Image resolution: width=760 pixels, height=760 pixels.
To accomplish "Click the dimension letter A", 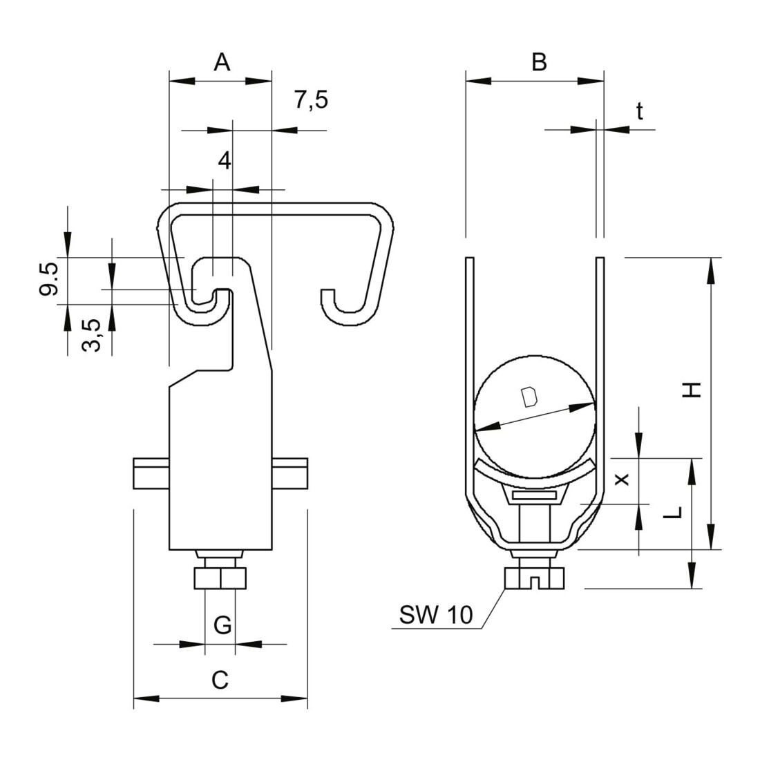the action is coord(222,62).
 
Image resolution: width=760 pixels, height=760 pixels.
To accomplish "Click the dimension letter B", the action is coord(539,62).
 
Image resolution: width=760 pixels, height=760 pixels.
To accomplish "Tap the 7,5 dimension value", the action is coord(311,100).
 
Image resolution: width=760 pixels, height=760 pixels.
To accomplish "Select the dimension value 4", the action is coord(225,160).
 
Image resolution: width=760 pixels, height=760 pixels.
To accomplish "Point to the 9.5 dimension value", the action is coord(49,278).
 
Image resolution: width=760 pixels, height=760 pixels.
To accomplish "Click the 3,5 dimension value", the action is coord(92,335).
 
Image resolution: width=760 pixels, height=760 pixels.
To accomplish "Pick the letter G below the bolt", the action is coord(222,625).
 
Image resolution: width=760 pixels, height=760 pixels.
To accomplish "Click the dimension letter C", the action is coord(220,680).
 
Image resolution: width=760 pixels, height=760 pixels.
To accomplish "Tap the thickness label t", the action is coord(640,111).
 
